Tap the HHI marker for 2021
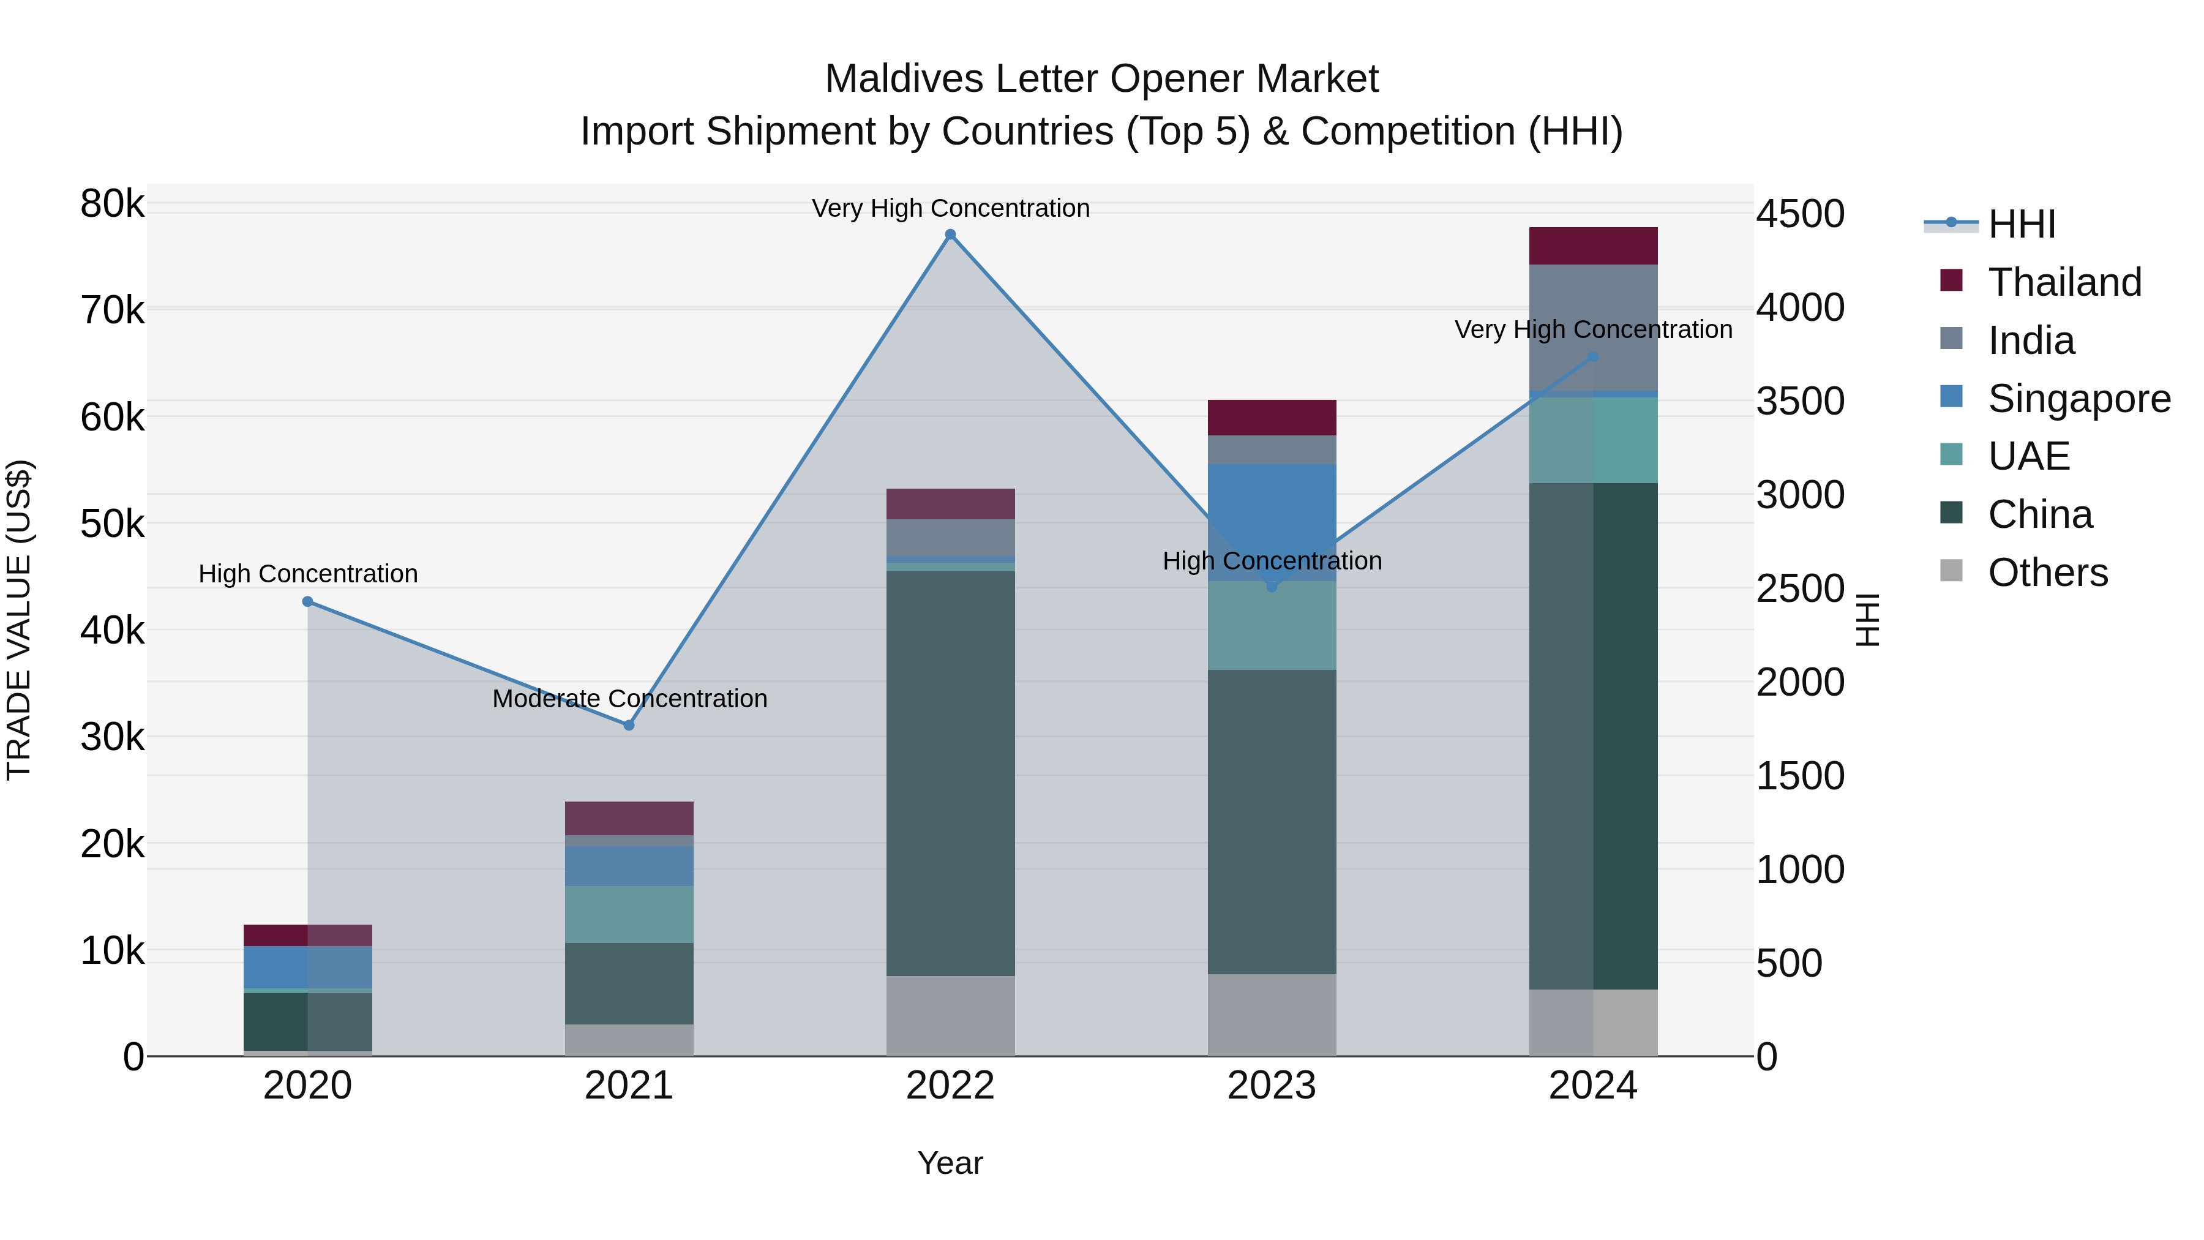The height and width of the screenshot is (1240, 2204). (629, 725)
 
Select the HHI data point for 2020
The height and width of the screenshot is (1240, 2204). (308, 601)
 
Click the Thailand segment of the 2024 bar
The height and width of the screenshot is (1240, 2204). (1593, 246)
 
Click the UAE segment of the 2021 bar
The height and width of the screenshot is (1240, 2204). (629, 914)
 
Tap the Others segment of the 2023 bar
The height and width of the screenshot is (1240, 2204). (1272, 1014)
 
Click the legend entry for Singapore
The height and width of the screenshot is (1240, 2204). (2078, 399)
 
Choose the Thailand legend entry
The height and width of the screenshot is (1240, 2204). (2064, 282)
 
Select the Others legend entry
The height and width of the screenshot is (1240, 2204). (2047, 573)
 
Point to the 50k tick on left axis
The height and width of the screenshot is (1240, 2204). (112, 524)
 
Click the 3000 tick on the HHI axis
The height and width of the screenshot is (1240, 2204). (1800, 495)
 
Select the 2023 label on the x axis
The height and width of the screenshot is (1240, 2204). (1272, 1086)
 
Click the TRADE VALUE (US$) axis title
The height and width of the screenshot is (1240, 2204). (20, 620)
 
